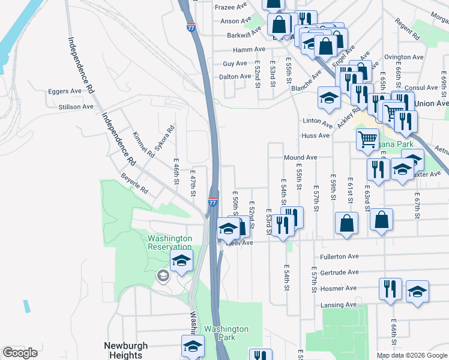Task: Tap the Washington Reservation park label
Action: [170, 242]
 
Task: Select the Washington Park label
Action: [226, 333]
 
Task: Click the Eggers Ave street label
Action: [67, 91]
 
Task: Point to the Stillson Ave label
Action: [76, 107]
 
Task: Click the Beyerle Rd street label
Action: [134, 184]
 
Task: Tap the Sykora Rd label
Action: [164, 137]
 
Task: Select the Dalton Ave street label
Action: [235, 77]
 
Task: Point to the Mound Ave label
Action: [300, 157]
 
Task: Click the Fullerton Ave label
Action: [339, 256]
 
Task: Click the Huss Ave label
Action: [316, 136]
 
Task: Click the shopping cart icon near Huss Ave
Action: [367, 139]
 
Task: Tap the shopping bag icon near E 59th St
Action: [347, 223]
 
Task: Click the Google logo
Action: [20, 353]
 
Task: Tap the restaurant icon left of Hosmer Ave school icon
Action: [390, 289]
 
